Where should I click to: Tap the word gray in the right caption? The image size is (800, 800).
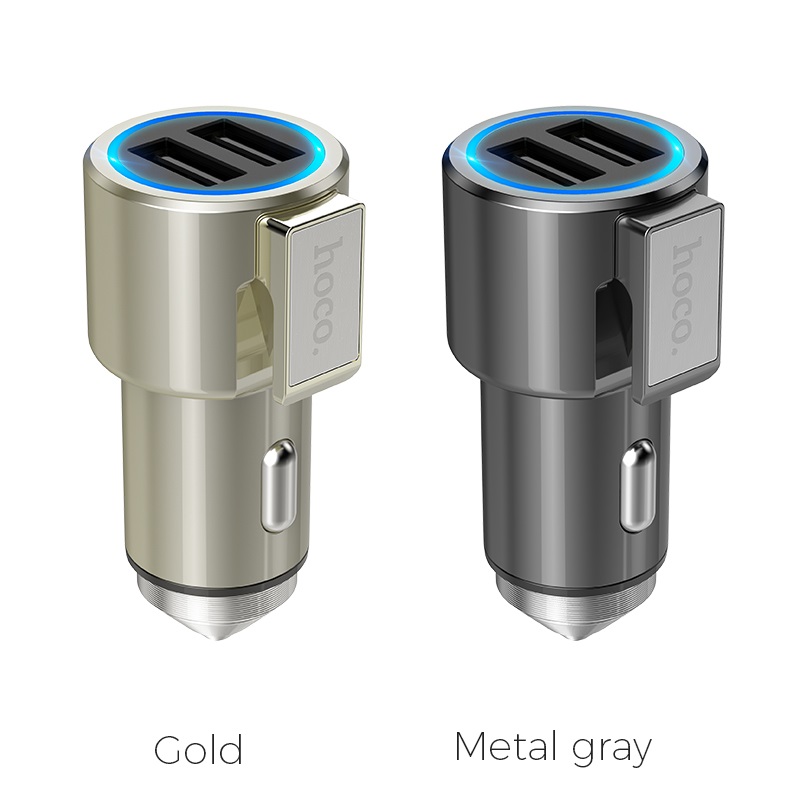[x=612, y=752]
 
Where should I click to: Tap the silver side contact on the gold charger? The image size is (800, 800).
[x=279, y=487]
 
